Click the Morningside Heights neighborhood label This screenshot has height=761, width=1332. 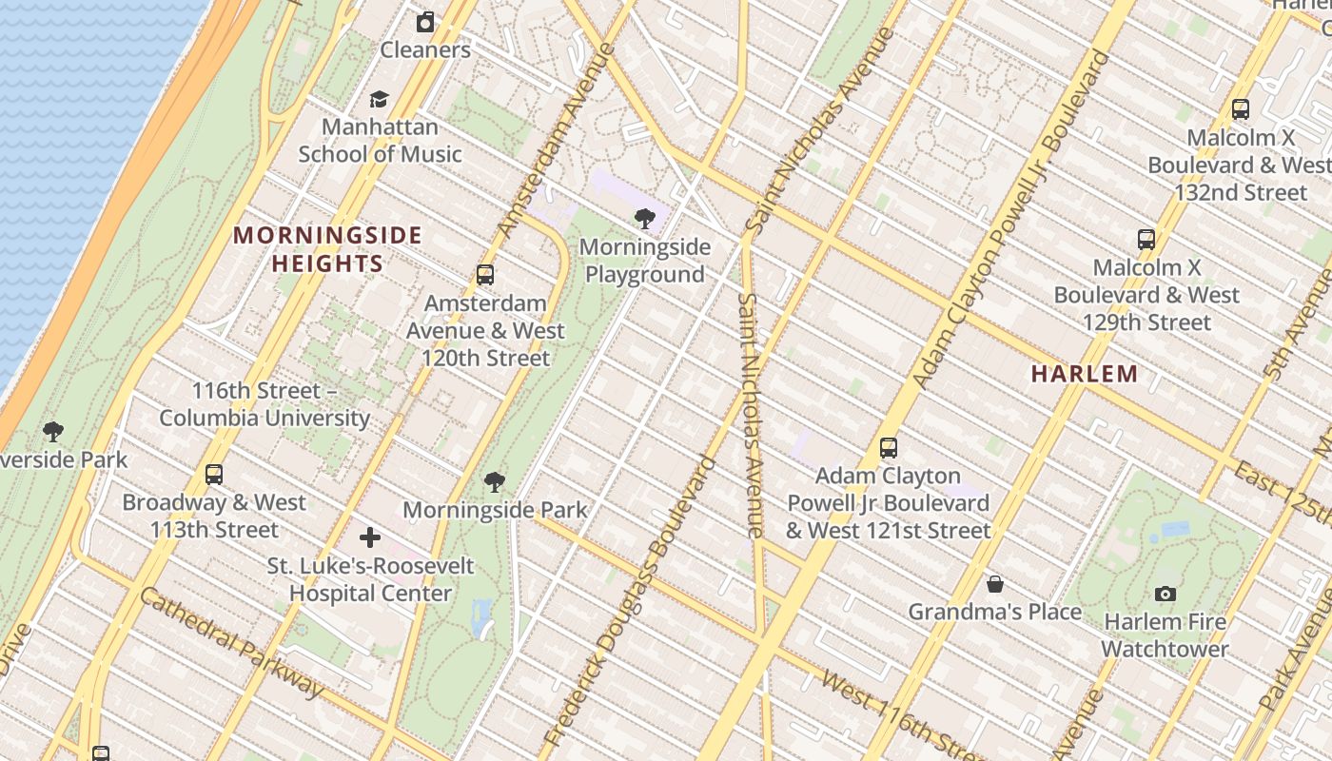point(327,249)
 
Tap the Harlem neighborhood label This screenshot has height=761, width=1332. point(1085,374)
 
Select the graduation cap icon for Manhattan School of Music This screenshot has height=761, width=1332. point(379,100)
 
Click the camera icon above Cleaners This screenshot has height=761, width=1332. point(425,22)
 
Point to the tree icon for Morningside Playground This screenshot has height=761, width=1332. point(645,220)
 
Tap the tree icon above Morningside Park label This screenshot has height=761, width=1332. point(494,482)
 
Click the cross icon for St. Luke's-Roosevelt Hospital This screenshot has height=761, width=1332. point(369,538)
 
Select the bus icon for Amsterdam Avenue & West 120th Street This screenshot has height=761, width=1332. point(485,276)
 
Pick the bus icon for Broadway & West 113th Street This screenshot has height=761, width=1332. point(214,475)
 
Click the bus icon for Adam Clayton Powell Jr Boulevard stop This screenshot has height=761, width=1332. point(888,447)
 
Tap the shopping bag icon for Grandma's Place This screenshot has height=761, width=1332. point(994,584)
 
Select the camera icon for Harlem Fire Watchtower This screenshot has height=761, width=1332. point(1165,595)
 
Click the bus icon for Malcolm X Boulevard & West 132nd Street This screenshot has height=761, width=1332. point(1240,109)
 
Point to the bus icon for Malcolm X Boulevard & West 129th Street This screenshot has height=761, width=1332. point(1146,240)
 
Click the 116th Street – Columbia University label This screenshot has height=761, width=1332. point(264,404)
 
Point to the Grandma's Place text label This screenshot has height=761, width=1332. point(994,612)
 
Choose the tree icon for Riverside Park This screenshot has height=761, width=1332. point(53,433)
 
